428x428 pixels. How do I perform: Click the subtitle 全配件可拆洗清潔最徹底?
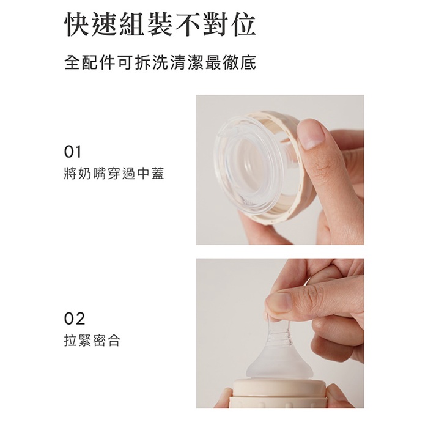pos(160,62)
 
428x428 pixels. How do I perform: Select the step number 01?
pos(73,152)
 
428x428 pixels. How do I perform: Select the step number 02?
pos(74,319)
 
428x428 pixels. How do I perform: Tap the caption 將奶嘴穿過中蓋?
pos(114,173)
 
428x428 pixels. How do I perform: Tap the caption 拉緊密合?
pos(92,340)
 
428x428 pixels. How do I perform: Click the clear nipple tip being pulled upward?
pos(279,330)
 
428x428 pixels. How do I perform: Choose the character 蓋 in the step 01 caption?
pos(158,173)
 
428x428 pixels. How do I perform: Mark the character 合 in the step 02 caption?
pos(114,340)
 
